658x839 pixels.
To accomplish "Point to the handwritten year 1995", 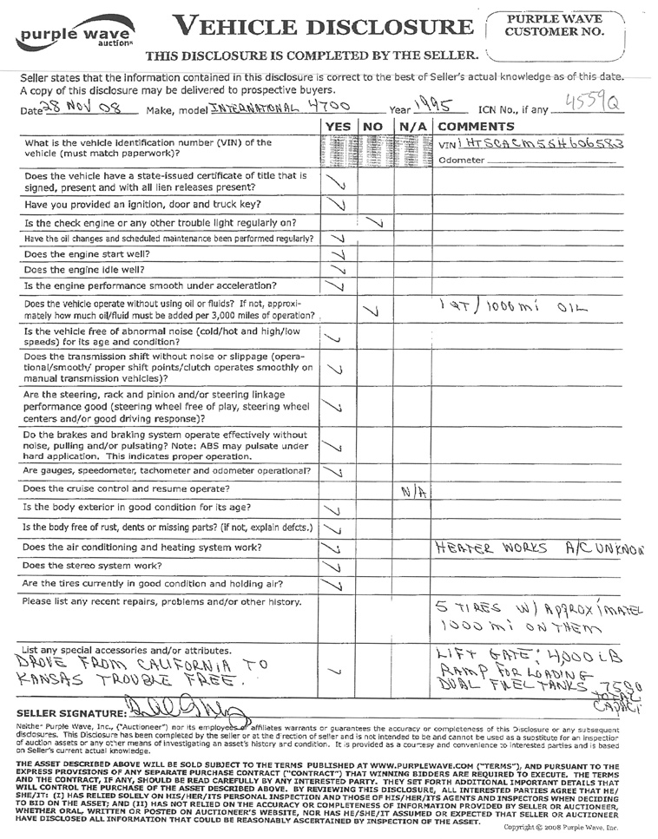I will click(x=432, y=105).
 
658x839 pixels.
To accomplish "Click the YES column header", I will click(x=337, y=127).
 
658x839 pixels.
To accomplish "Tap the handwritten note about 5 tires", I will click(x=533, y=616).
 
